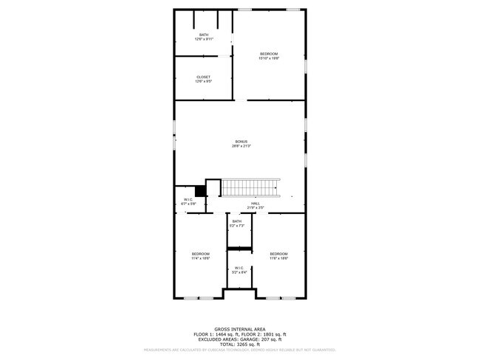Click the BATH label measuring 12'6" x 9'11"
tap(203, 35)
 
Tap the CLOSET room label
tap(203, 77)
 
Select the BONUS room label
tap(241, 142)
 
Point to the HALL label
tap(256, 204)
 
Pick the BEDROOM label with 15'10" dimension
tap(269, 54)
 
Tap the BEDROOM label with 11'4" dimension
tap(201, 254)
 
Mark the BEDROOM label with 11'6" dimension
tap(278, 254)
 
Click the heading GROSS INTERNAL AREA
tap(240, 329)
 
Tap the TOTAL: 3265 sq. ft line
tap(240, 345)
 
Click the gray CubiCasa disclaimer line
tap(240, 350)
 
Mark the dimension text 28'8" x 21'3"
tap(241, 146)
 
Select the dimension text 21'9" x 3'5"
tap(256, 208)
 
